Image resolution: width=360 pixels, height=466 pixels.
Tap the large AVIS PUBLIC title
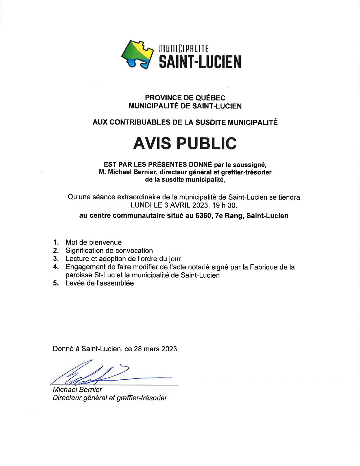pos(185,143)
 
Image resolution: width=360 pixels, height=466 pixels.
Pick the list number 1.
pos(56,242)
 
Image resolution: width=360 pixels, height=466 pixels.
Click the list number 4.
pos(56,267)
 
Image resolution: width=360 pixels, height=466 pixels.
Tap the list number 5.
pos(56,283)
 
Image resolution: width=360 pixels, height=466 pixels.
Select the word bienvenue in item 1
pos(105,242)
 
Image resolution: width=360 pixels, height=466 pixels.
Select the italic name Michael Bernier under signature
pos(77,390)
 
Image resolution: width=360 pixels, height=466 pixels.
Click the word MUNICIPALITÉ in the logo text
pos(184,49)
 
